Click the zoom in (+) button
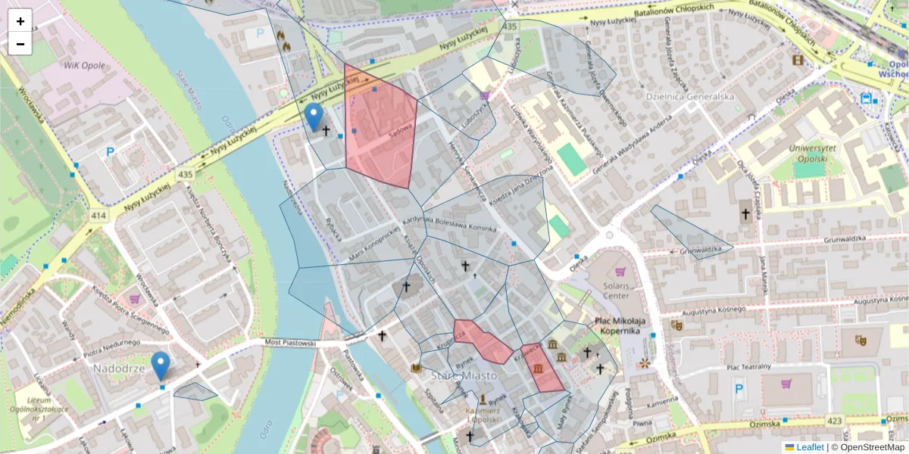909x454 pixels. tap(20, 21)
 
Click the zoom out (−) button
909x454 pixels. tap(20, 44)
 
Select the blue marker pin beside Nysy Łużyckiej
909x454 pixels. tap(314, 117)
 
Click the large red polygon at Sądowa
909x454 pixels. tap(379, 129)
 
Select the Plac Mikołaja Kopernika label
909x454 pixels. tap(623, 325)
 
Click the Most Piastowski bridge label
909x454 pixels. tap(289, 343)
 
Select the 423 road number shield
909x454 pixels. tap(855, 421)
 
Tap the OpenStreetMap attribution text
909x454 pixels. tap(867, 447)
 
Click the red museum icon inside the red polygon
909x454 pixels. tap(537, 368)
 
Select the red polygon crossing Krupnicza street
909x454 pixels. tap(483, 340)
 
